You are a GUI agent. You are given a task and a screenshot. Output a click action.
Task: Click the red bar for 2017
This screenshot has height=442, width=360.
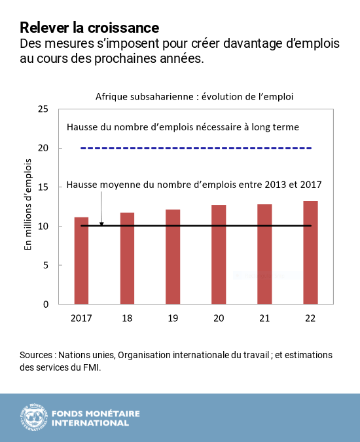click(x=81, y=262)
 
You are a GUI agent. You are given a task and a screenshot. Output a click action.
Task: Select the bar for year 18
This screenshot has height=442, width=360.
click(x=127, y=259)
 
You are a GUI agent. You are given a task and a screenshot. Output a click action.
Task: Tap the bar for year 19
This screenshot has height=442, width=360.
click(x=173, y=258)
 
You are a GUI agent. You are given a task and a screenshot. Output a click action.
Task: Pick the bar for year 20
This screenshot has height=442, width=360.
click(x=219, y=255)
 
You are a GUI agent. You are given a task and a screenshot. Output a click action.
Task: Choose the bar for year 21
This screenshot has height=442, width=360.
click(x=264, y=255)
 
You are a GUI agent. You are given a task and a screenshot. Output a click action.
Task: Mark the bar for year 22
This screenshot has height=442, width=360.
click(x=310, y=253)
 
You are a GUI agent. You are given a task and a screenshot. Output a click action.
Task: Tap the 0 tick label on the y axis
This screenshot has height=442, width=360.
click(x=45, y=304)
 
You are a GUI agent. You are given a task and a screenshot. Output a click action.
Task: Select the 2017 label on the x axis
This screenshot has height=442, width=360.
click(x=81, y=318)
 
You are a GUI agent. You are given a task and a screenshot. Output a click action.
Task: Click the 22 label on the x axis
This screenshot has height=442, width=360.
click(x=310, y=318)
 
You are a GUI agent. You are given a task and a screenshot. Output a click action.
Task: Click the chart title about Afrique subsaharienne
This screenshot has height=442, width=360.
click(x=193, y=96)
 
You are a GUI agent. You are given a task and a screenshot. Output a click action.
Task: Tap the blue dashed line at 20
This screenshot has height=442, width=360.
click(x=196, y=148)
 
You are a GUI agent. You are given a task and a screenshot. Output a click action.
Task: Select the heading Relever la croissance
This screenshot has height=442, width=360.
click(x=89, y=28)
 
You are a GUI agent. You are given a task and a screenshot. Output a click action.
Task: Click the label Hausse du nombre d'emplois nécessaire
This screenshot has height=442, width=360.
click(x=183, y=127)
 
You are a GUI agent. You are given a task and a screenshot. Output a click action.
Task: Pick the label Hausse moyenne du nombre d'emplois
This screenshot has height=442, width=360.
click(x=194, y=186)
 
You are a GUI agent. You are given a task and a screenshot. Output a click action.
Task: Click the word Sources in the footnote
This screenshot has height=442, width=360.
click(x=36, y=355)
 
